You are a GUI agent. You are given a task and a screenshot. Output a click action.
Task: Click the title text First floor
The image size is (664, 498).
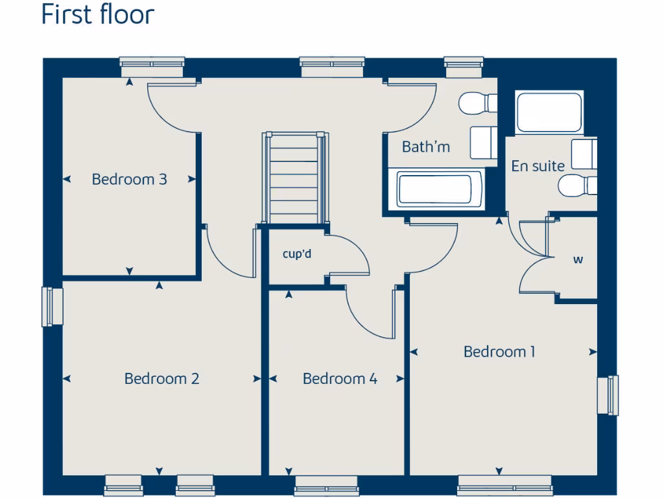97,14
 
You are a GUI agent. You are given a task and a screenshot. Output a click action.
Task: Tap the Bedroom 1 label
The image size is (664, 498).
499,351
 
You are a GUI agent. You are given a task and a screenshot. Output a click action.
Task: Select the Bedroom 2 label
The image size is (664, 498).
161,378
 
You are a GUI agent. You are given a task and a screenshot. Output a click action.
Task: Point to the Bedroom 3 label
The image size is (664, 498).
129,179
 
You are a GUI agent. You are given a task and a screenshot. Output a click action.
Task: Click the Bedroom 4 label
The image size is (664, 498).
340,378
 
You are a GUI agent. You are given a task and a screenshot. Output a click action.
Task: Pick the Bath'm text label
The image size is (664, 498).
425,147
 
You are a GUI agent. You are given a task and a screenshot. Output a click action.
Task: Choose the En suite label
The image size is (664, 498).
538,166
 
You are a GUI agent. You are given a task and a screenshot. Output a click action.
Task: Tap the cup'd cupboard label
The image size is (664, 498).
297,254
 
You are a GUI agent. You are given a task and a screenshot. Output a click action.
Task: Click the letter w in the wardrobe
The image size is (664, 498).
578,260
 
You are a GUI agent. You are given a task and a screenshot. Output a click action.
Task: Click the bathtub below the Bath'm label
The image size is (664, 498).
440,189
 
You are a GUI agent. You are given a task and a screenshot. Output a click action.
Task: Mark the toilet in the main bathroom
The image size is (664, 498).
477,103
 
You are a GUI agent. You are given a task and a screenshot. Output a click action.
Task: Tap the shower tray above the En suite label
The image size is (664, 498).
549,113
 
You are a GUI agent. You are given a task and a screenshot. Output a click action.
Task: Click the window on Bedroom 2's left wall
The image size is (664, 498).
53,307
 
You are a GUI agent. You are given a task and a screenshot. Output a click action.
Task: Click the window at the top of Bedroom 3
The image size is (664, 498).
152,65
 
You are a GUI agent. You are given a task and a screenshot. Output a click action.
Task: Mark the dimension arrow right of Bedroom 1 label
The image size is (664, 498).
593,352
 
